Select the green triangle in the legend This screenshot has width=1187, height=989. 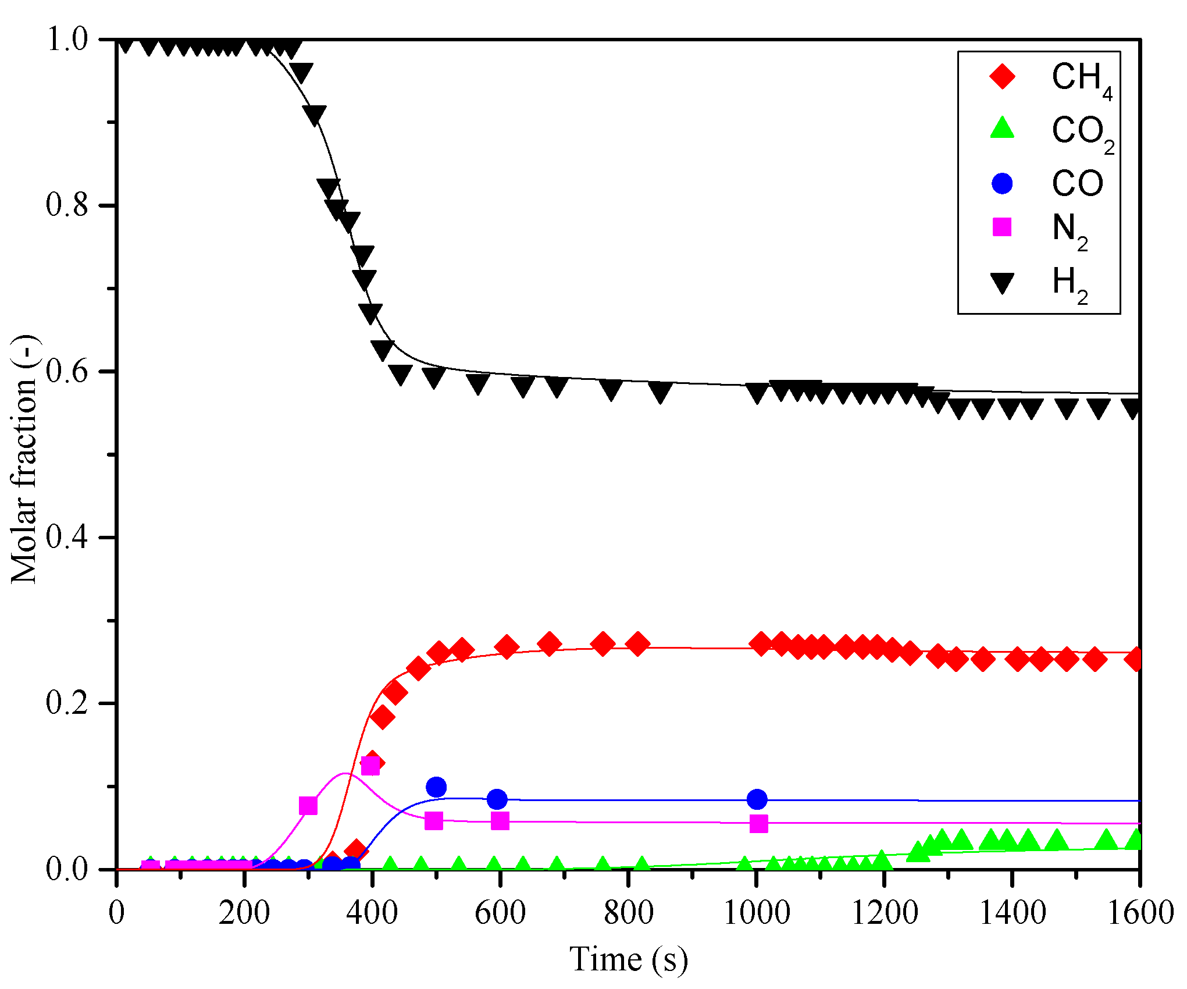click(x=1002, y=129)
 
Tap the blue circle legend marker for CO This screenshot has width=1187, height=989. click(x=1002, y=183)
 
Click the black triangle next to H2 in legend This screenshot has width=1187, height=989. click(x=1002, y=283)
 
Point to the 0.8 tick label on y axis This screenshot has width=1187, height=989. click(x=67, y=205)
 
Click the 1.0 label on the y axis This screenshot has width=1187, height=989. click(x=67, y=40)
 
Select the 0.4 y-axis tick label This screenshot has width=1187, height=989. click(x=67, y=537)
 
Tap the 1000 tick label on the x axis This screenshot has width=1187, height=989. click(x=756, y=912)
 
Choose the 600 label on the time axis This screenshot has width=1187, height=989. click(x=500, y=912)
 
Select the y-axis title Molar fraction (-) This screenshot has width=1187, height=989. click(x=24, y=460)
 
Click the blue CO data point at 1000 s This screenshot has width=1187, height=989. click(x=757, y=799)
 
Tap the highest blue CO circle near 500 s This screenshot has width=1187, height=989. click(x=436, y=787)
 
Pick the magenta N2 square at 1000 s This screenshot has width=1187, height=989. click(x=758, y=824)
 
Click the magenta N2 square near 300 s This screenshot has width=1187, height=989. click(x=308, y=806)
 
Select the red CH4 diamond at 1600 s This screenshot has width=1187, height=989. click(x=1135, y=659)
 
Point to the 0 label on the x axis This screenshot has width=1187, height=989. click(x=116, y=912)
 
